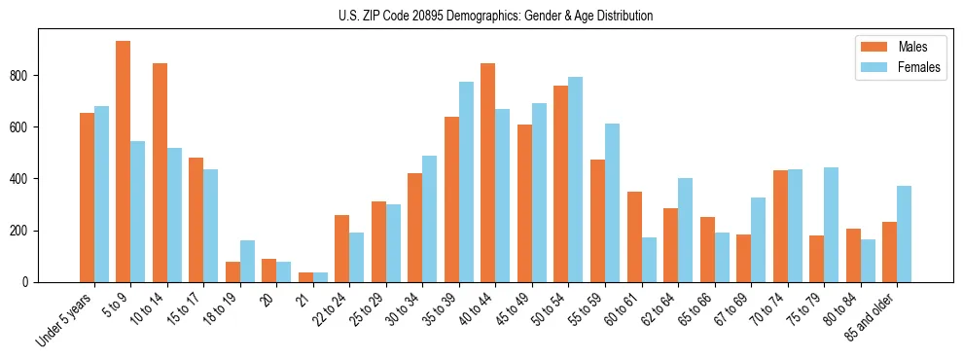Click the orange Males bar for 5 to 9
tap(124, 162)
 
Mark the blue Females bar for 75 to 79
tap(831, 225)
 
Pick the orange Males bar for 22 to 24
tap(342, 248)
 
